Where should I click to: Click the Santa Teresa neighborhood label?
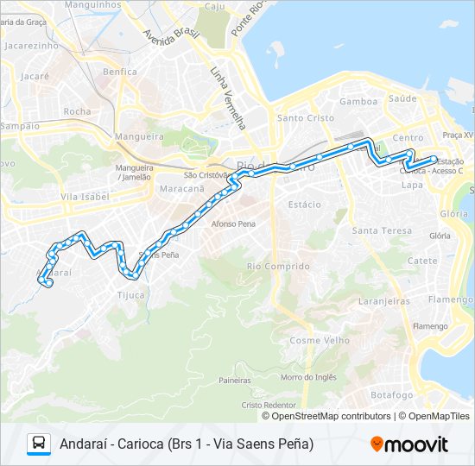click(382, 230)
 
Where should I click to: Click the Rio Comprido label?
click(278, 266)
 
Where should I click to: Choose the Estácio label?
click(305, 205)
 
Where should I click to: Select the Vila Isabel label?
click(82, 197)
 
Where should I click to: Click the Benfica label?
click(120, 72)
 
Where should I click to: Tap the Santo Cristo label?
click(299, 118)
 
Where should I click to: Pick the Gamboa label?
click(358, 101)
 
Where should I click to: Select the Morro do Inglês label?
click(307, 377)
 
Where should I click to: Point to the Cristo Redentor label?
click(269, 405)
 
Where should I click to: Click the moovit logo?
click(409, 444)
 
